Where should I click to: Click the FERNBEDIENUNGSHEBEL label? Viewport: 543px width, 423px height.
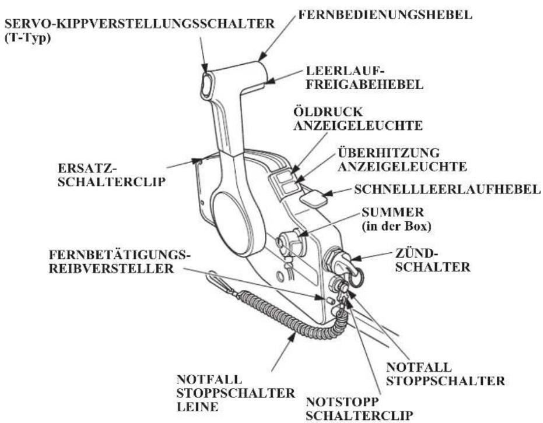click(386, 15)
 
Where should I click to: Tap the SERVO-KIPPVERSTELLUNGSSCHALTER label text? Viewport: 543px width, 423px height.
click(139, 23)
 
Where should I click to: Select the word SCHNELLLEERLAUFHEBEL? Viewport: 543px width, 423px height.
click(447, 189)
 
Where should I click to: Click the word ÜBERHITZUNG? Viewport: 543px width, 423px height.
click(388, 153)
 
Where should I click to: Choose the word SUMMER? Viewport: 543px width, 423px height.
click(393, 212)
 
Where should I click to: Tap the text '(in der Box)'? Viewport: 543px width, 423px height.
click(397, 226)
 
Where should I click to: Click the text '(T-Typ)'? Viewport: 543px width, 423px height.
click(28, 38)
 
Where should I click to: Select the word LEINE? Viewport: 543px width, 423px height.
click(197, 407)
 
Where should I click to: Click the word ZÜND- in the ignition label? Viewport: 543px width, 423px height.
click(415, 253)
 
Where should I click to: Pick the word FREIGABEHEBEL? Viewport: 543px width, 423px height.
click(365, 84)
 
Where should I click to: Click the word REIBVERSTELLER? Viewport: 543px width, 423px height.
click(111, 269)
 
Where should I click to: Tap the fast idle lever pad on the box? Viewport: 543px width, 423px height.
click(313, 200)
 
